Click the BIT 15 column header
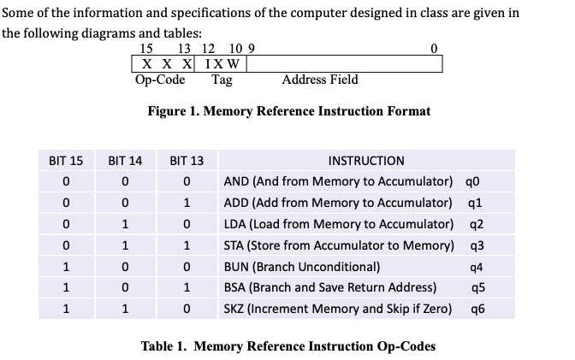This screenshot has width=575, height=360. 66,160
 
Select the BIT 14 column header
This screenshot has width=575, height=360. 126,160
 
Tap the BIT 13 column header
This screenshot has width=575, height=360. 187,160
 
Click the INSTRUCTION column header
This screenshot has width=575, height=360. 366,160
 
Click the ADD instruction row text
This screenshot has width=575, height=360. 337,202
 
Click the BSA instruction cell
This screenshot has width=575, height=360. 329,286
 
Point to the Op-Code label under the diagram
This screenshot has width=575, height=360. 160,80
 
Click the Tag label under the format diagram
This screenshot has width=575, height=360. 222,80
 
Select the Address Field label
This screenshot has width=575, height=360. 320,80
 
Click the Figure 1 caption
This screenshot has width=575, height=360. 288,111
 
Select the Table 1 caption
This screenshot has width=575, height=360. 288,346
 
